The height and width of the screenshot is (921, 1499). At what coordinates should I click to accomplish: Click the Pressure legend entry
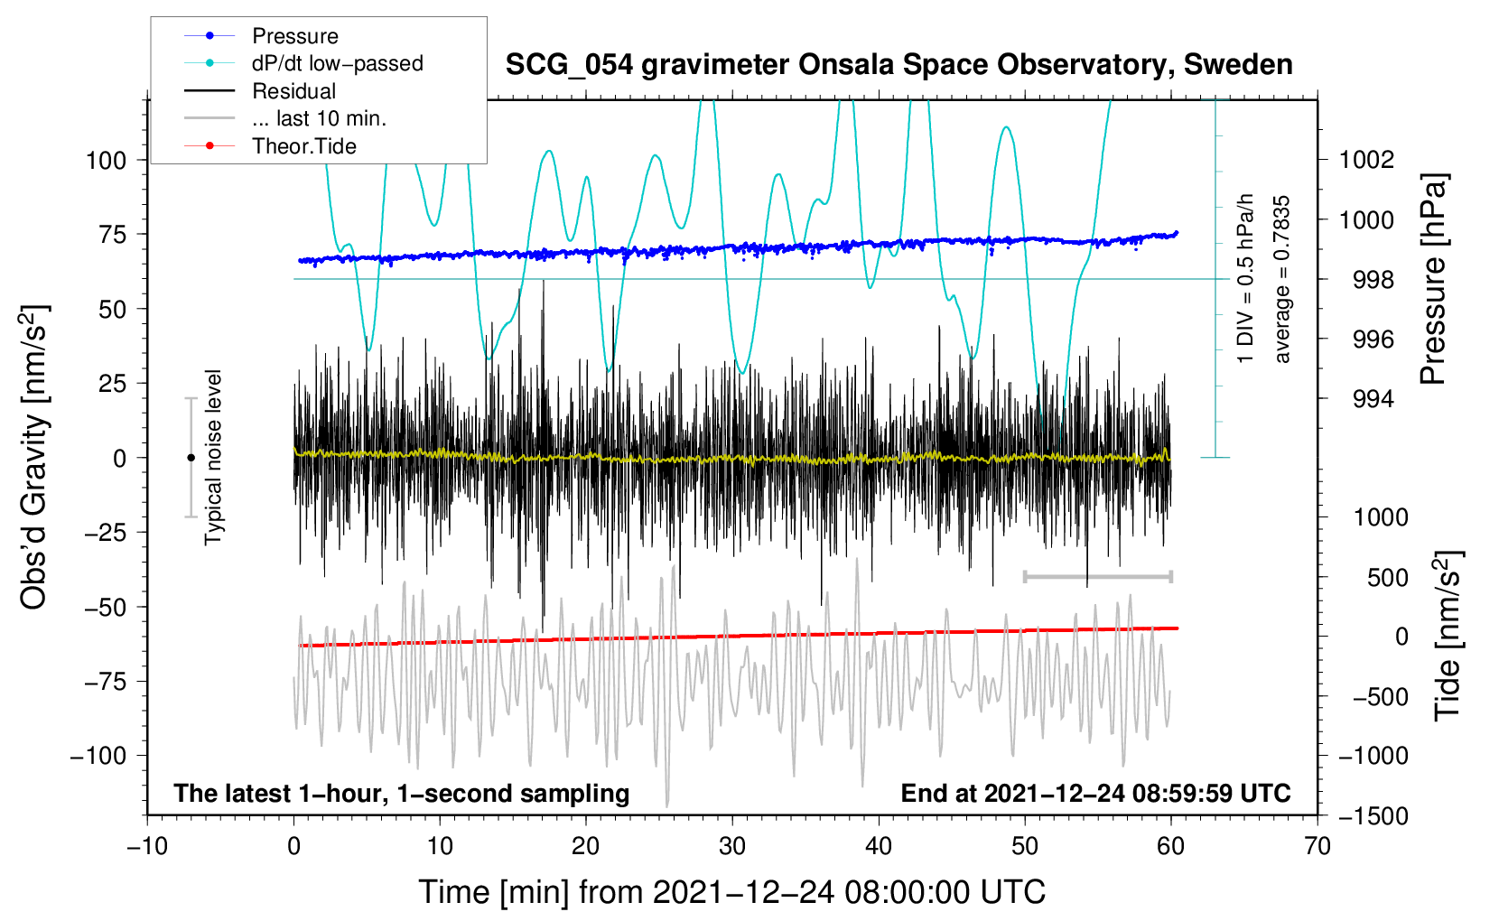(294, 36)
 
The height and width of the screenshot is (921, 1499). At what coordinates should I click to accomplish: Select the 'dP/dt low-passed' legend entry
(337, 63)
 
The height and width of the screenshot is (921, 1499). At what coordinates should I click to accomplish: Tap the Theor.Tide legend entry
(303, 146)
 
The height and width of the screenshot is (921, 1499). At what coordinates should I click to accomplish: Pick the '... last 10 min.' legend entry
(319, 118)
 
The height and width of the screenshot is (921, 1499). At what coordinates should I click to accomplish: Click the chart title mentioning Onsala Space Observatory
(898, 65)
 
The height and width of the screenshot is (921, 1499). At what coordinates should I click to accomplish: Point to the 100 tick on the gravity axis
(106, 161)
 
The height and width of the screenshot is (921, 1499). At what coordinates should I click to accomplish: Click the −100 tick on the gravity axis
(98, 756)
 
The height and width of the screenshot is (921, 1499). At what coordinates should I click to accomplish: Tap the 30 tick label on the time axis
(732, 846)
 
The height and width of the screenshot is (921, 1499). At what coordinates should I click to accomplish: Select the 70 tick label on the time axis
(1317, 846)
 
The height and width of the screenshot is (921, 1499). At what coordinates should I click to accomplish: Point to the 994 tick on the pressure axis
(1373, 399)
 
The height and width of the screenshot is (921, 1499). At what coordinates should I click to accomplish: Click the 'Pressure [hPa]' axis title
(1433, 279)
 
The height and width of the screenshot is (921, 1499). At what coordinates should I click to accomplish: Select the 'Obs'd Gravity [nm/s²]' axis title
(33, 457)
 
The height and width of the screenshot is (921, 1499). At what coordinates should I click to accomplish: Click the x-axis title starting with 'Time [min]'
(731, 892)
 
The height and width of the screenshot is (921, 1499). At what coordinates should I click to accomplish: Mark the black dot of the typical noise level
(191, 458)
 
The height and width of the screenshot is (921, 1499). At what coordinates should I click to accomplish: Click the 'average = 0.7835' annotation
(1282, 279)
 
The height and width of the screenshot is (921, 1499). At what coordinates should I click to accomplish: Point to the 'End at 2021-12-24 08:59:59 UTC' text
(1095, 794)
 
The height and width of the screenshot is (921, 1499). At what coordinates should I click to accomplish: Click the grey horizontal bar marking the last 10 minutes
(1097, 576)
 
